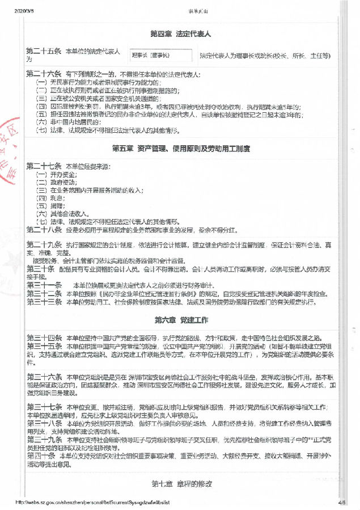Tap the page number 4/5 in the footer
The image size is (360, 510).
pyautogui.click(x=341, y=502)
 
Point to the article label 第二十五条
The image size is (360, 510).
pyautogui.click(x=44, y=52)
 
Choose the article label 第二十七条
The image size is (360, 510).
pyautogui.click(x=44, y=166)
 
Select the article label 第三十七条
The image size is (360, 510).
pyautogui.click(x=44, y=407)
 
